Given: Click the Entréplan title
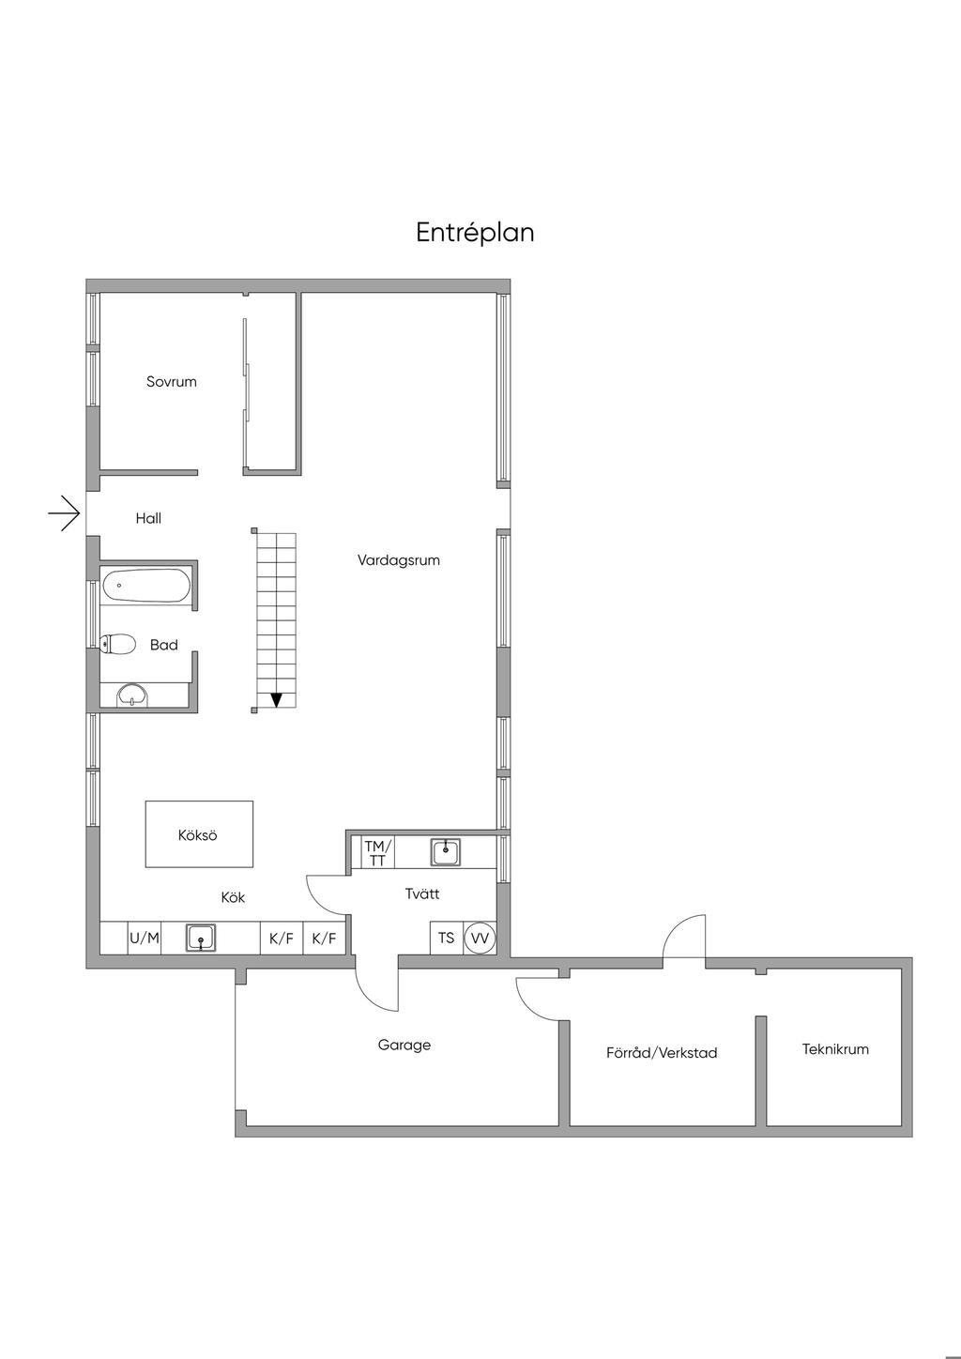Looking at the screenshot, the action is tap(475, 233).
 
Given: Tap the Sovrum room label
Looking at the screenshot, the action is tap(172, 382).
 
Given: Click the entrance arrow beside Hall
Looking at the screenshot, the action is tap(65, 513).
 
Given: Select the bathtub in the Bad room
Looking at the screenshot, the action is tap(146, 586).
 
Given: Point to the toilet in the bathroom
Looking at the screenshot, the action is tap(117, 645).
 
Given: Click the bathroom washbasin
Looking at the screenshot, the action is tap(131, 695).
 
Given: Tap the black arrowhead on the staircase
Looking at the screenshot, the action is tap(277, 700).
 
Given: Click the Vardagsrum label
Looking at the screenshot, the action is tap(399, 560).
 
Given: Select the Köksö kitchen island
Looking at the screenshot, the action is tap(199, 834).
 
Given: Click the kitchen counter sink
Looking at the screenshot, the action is tap(201, 938).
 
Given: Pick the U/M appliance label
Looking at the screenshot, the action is tap(145, 938).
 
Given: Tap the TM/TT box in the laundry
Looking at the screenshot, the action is tap(377, 852).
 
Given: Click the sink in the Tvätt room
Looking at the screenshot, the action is tap(446, 852).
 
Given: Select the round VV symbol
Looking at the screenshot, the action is tap(480, 938).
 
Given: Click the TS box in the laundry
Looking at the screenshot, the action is tap(447, 938).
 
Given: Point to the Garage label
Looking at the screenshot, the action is tap(404, 1046).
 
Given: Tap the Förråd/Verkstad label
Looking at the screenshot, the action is tap(662, 1053).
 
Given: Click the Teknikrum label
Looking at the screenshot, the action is tap(835, 1049).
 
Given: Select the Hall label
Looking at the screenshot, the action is tap(148, 518).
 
